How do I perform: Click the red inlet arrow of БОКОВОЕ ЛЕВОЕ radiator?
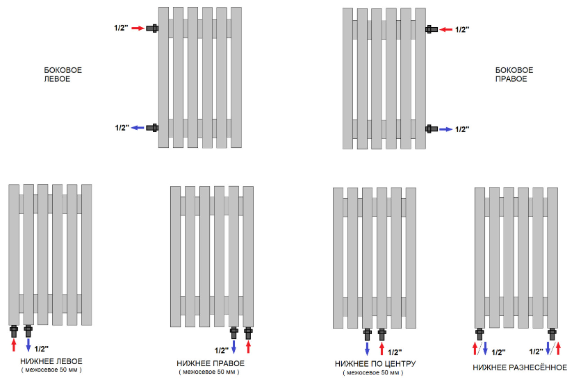[138, 28]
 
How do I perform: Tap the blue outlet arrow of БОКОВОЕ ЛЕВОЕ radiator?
[138, 128]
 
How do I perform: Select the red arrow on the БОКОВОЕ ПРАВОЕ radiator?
[446, 30]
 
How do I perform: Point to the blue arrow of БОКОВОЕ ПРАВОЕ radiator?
[446, 129]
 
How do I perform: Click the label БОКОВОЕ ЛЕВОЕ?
[63, 74]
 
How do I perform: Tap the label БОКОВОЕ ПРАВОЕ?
[514, 74]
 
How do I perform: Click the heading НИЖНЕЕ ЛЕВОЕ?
[51, 361]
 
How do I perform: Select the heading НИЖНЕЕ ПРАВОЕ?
[211, 363]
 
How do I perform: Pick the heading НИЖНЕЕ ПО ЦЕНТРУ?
[375, 364]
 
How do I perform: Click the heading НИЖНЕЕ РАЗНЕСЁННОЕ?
[520, 367]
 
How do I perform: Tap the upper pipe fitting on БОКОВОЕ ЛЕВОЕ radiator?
[152, 28]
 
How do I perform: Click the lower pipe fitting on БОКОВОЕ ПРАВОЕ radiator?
[432, 129]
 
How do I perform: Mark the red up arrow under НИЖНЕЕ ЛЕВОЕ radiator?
[14, 345]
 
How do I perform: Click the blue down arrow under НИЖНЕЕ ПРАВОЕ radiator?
[234, 347]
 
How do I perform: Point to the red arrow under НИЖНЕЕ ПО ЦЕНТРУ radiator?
[382, 349]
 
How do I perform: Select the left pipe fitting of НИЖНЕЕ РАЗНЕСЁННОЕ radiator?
[479, 333]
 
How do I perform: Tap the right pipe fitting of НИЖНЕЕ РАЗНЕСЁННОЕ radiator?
[552, 333]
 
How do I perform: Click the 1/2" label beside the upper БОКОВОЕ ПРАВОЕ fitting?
[462, 30]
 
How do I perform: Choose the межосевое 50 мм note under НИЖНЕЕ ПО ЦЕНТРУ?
[373, 372]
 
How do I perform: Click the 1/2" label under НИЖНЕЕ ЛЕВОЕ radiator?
[42, 349]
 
